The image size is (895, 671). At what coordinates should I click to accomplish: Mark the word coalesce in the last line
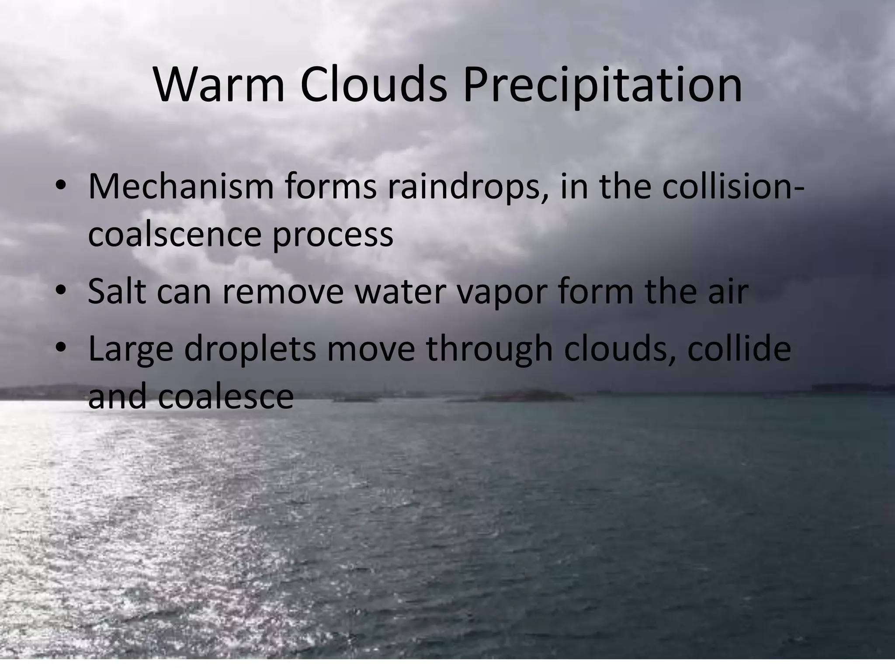pos(225,397)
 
